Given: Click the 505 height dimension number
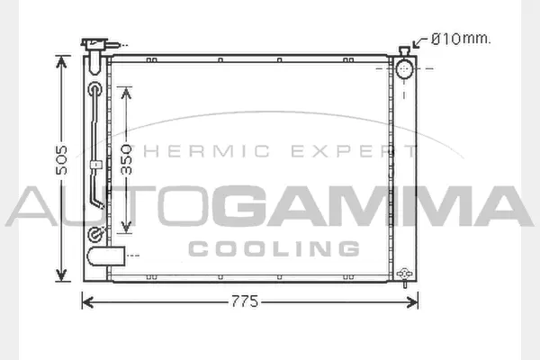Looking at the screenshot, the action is [x=62, y=160].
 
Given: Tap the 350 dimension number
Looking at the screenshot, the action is [x=127, y=160].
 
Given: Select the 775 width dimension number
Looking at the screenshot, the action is [x=245, y=301].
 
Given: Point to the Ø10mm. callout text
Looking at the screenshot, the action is [x=461, y=39].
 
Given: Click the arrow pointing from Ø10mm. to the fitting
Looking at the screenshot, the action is [x=420, y=41].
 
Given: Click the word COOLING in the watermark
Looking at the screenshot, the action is [x=274, y=248].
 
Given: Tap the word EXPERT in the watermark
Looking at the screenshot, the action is [x=354, y=151].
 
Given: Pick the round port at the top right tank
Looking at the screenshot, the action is [x=404, y=69].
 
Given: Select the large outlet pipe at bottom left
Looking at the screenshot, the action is [x=105, y=256].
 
